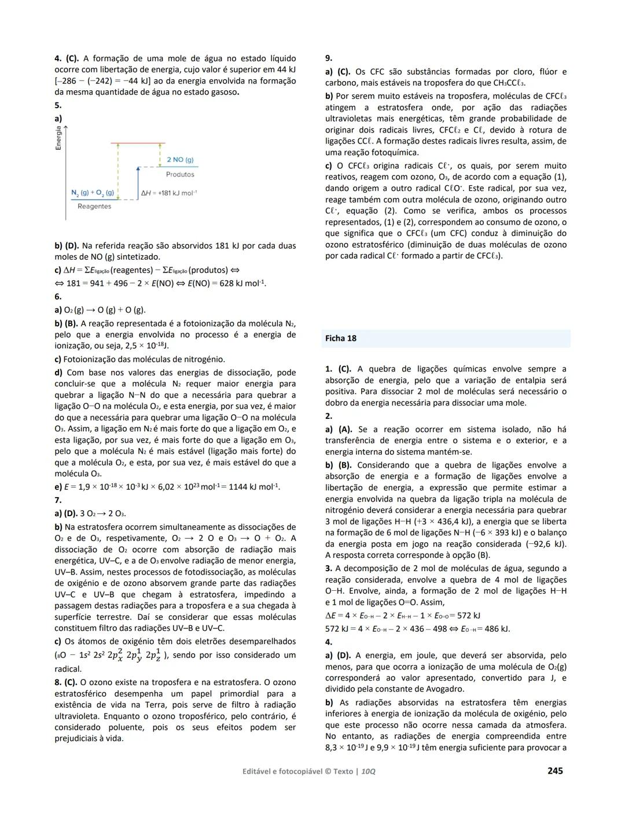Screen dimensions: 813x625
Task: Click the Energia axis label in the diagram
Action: (58, 138)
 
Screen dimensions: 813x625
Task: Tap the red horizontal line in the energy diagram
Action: (138, 143)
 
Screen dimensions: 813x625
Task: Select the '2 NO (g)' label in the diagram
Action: (180, 160)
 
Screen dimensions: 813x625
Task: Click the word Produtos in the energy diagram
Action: (180, 174)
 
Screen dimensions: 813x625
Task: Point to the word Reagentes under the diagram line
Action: (94, 207)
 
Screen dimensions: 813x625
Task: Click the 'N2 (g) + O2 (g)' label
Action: (93, 192)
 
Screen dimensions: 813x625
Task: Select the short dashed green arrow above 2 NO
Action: (159, 153)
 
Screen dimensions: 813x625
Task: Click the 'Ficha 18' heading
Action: (341, 339)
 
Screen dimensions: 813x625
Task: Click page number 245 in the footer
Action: (555, 770)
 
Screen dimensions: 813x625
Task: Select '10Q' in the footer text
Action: (368, 771)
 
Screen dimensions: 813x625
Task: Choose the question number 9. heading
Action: (329, 58)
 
